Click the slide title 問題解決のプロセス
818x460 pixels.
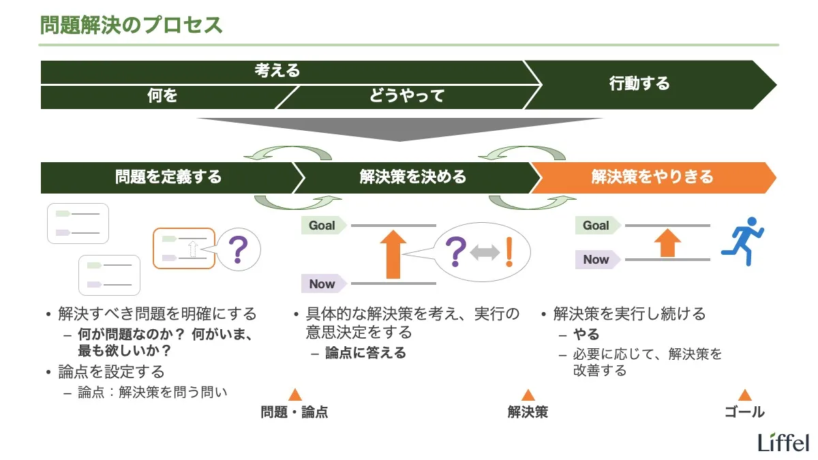point(132,26)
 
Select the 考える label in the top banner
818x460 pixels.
point(277,71)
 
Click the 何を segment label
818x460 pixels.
point(162,96)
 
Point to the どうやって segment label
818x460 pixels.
point(407,96)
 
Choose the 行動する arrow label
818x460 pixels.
point(639,84)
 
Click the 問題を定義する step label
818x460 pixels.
point(168,177)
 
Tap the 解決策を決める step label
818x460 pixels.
point(413,177)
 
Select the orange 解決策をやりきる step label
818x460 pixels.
point(652,177)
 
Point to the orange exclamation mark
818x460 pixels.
point(508,252)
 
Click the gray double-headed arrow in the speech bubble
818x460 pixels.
point(485,253)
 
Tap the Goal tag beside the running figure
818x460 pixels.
point(597,226)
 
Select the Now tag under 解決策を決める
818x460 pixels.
point(323,283)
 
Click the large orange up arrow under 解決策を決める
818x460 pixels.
point(393,254)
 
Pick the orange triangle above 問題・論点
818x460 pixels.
point(294,395)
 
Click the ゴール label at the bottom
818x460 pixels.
point(744,412)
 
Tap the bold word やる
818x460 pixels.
point(586,335)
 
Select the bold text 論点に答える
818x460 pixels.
point(365,353)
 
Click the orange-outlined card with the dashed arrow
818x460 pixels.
point(184,247)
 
